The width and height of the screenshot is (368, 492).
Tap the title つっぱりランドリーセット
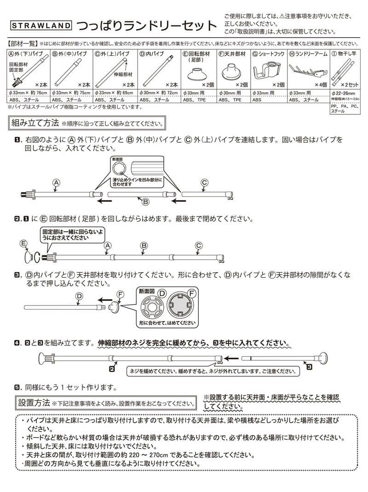coord(145,25)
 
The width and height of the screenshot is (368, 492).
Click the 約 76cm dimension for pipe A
coord(37,93)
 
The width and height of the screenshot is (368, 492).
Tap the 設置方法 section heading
coord(34,402)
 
